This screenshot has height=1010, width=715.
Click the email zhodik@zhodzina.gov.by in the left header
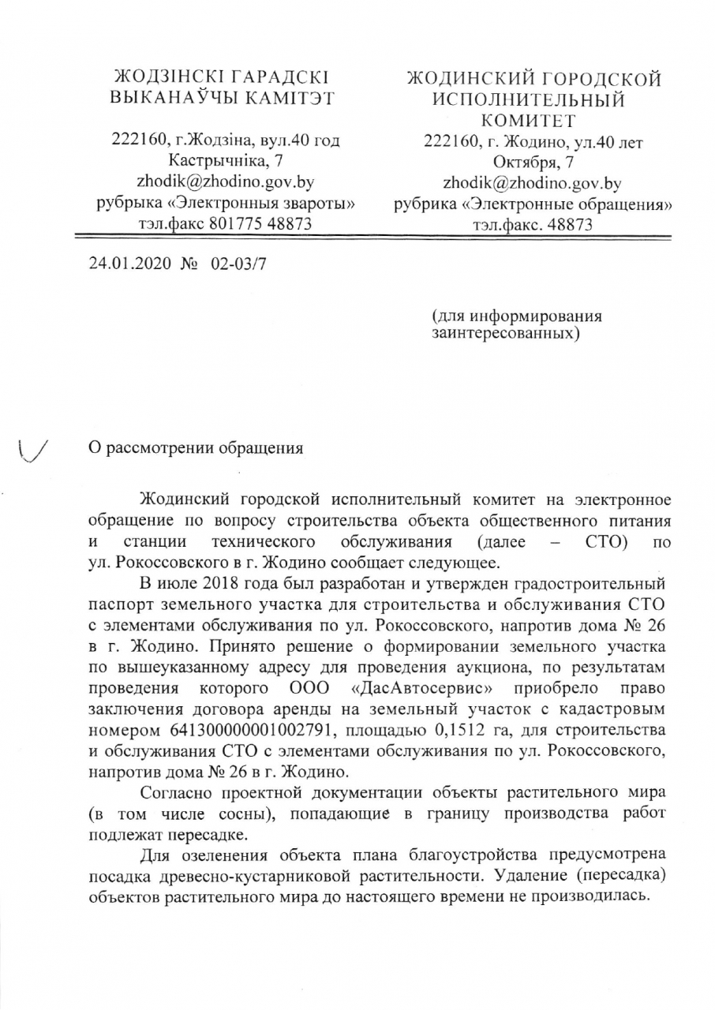(x=226, y=182)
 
